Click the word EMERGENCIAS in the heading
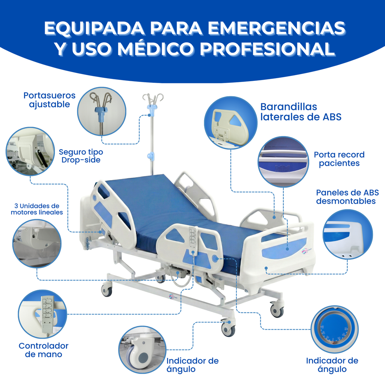pyautogui.click(x=276, y=29)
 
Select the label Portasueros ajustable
pyautogui.click(x=49, y=100)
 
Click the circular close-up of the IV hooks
pyautogui.click(x=101, y=112)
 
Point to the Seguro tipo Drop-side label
pyautogui.click(x=81, y=156)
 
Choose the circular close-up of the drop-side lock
pyautogui.click(x=30, y=151)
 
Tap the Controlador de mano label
pyautogui.click(x=44, y=350)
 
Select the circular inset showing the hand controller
pyautogui.click(x=42, y=314)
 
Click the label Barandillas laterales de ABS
pyautogui.click(x=301, y=112)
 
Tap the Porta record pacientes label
pyautogui.click(x=339, y=159)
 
